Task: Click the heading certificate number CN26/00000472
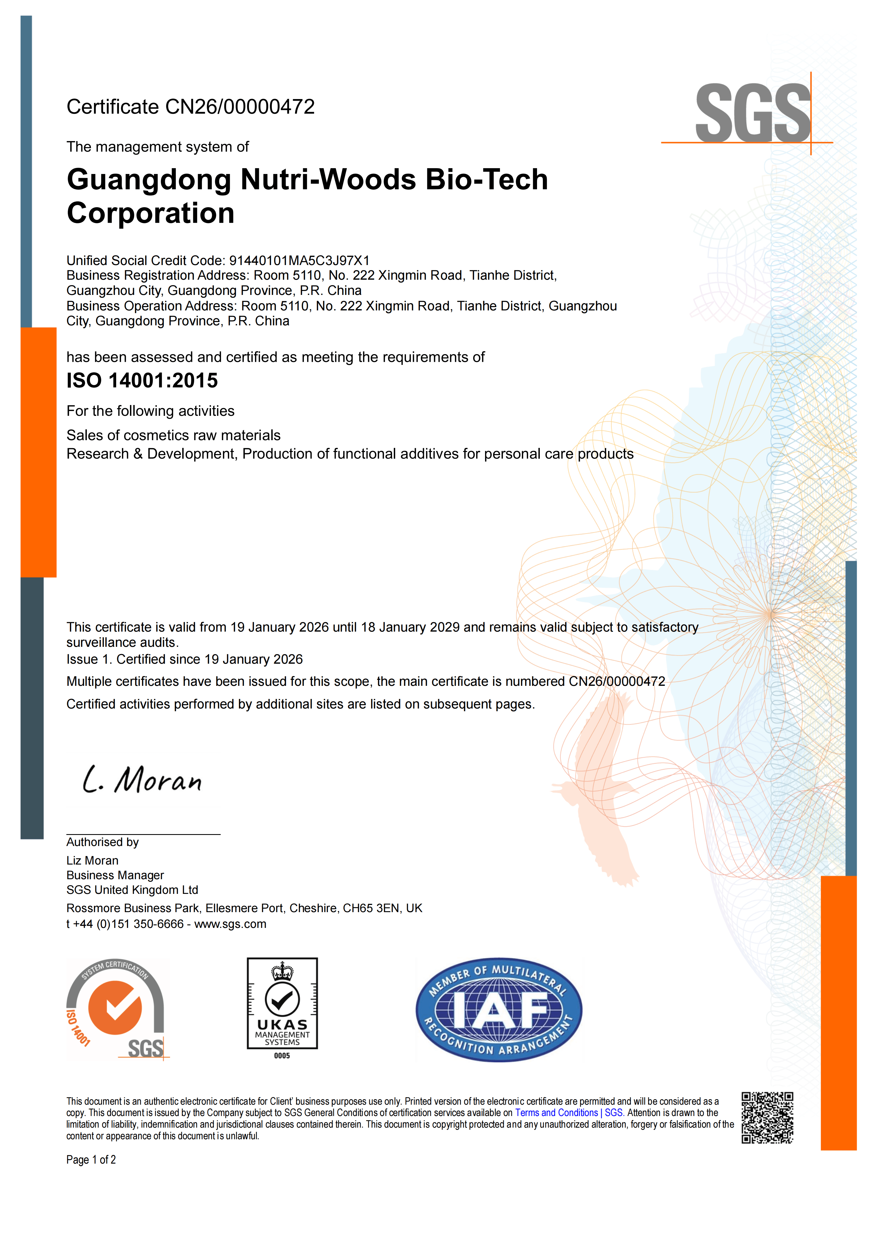[240, 107]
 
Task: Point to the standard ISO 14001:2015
[142, 381]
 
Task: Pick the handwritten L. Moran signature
[142, 780]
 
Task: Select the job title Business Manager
[115, 875]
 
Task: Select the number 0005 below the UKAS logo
[282, 1056]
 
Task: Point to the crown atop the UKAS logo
[282, 972]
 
